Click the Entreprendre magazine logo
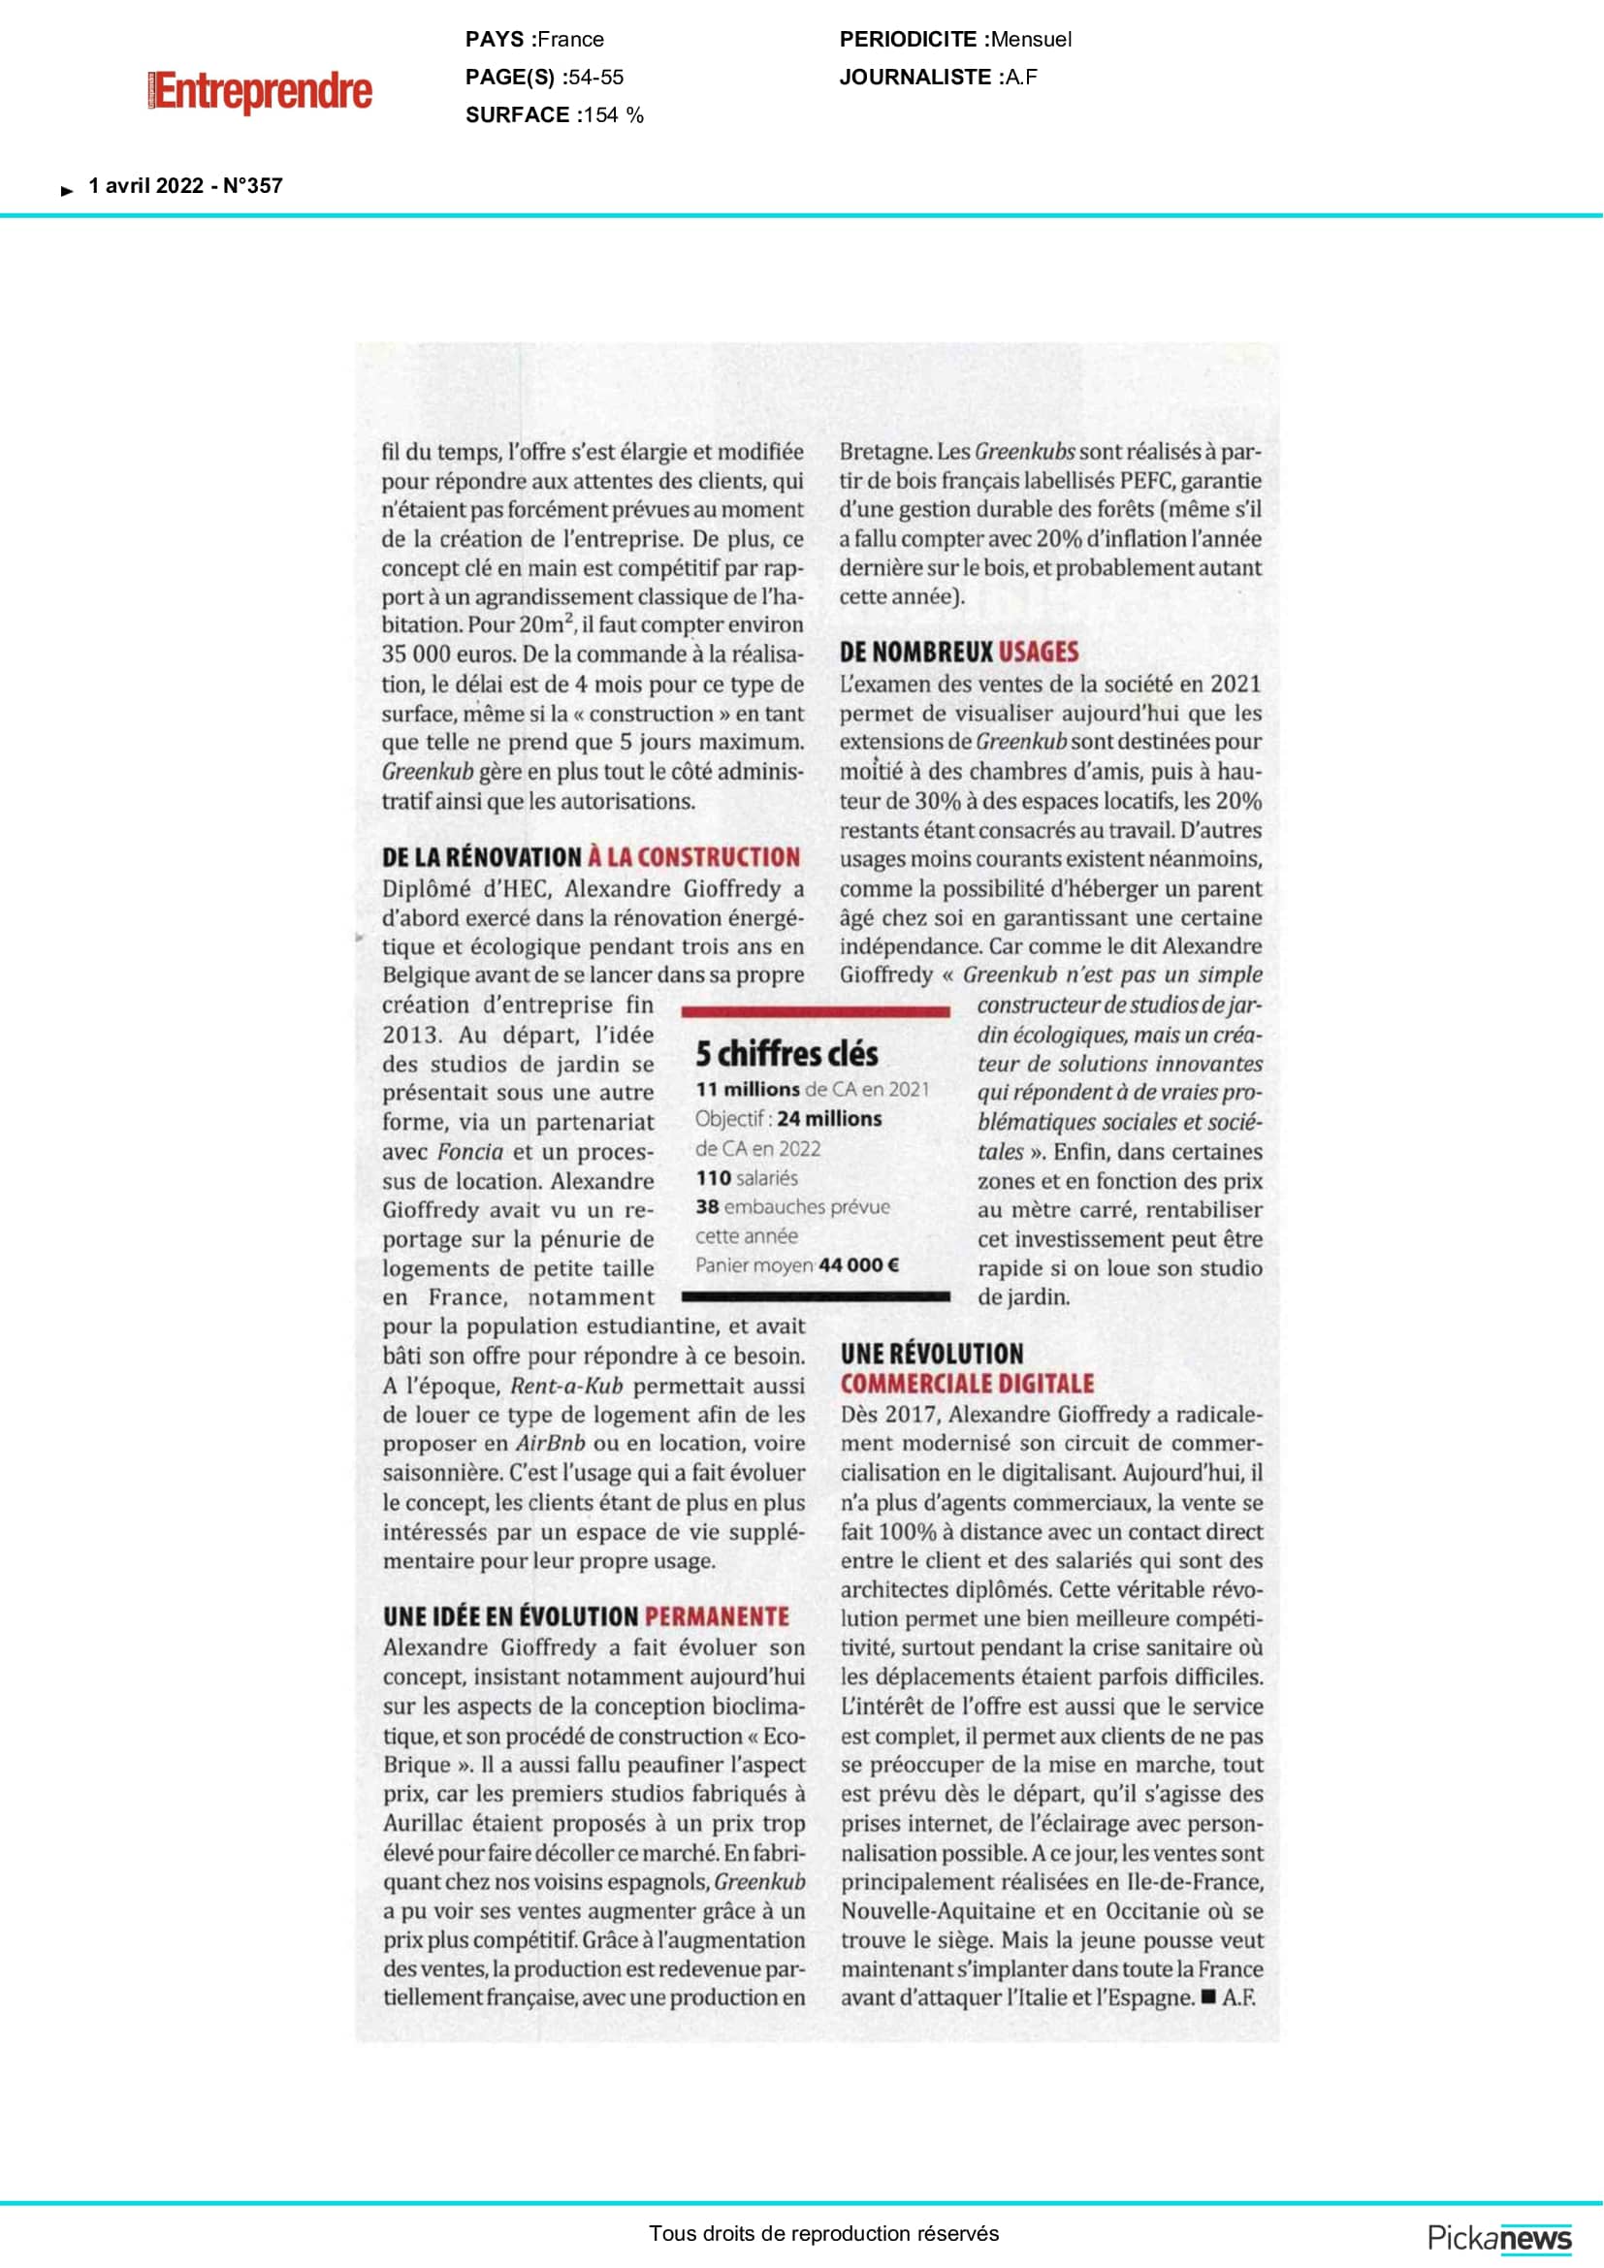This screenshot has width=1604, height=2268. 262,92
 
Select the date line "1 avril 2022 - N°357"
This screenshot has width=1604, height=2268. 185,186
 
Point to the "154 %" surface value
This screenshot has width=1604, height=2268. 612,114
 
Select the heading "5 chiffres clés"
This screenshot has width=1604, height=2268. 786,1054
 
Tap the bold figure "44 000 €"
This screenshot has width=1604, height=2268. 858,1264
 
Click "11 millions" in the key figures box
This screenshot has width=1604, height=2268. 748,1089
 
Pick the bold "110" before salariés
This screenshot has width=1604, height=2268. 713,1177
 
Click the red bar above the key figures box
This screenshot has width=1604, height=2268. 816,1011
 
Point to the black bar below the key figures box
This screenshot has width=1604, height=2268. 816,1296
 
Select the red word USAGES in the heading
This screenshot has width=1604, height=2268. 1038,652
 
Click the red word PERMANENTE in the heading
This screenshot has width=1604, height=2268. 716,1617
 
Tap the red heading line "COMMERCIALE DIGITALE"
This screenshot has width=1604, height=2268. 967,1383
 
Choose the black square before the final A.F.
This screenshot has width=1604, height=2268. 1208,1996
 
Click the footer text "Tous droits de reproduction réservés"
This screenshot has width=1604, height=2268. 823,2233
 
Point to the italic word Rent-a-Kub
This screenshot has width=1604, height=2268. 566,1385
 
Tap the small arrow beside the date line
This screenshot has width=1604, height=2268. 67,191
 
